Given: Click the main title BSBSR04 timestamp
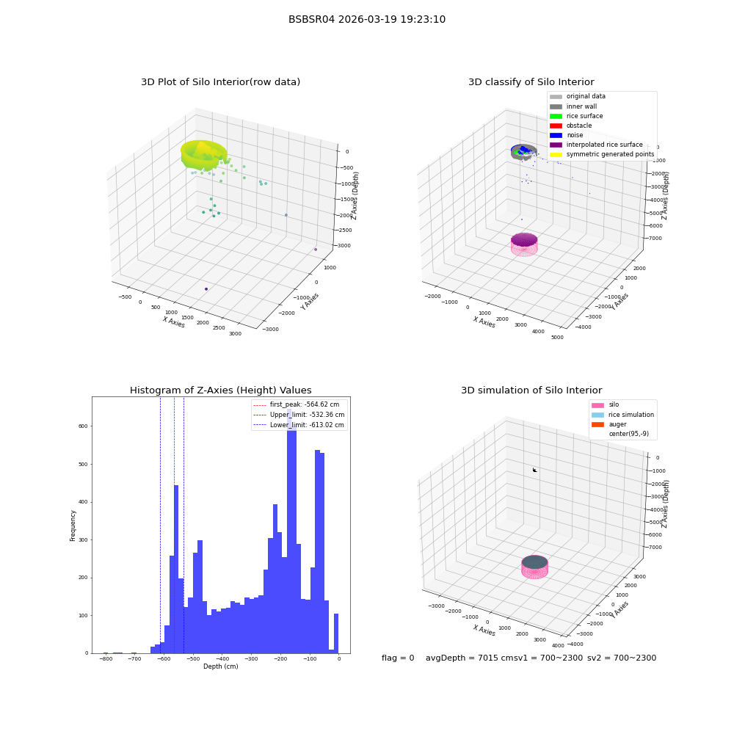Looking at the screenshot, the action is [x=366, y=19].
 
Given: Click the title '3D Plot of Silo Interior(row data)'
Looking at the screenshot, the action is [x=220, y=82].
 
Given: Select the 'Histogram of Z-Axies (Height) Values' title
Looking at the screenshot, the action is [x=220, y=390].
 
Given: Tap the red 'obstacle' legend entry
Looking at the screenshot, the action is [x=570, y=126].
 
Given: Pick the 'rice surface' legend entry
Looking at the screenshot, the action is [x=576, y=116].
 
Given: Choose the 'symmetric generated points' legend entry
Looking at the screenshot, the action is [x=602, y=154].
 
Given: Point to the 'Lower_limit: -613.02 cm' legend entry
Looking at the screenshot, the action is [x=299, y=425].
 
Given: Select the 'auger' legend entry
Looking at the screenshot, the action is [x=609, y=424].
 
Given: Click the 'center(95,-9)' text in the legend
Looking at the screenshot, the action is [x=629, y=434].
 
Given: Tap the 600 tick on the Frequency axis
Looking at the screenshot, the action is [x=83, y=426].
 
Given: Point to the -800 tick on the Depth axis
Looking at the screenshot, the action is [x=106, y=659].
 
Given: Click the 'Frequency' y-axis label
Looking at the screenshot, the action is [x=73, y=526].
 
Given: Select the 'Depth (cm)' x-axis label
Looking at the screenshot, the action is [x=221, y=666].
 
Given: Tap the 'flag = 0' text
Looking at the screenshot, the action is [x=398, y=658].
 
